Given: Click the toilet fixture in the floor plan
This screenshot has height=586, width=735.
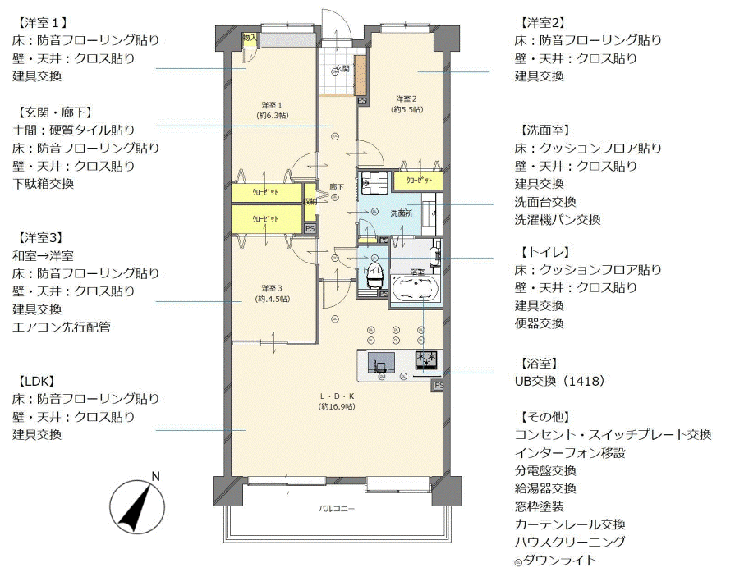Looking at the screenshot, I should pos(374,278).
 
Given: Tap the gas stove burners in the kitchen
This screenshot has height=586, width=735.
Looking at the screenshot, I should pos(427,359).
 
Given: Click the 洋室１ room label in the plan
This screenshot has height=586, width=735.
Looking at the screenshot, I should pos(272,104).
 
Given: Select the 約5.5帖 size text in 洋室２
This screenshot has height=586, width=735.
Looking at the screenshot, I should pos(407,109).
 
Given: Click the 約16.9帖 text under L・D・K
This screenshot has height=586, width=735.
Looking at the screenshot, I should pos(338,406).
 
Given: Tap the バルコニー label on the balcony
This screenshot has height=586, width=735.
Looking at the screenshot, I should pos(337,509).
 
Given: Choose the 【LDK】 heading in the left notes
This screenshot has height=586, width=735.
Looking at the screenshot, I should pos(34,382).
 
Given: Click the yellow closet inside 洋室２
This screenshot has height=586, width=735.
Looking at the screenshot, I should pos(418,180).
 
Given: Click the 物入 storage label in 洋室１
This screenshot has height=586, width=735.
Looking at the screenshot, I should pos(250,38).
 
